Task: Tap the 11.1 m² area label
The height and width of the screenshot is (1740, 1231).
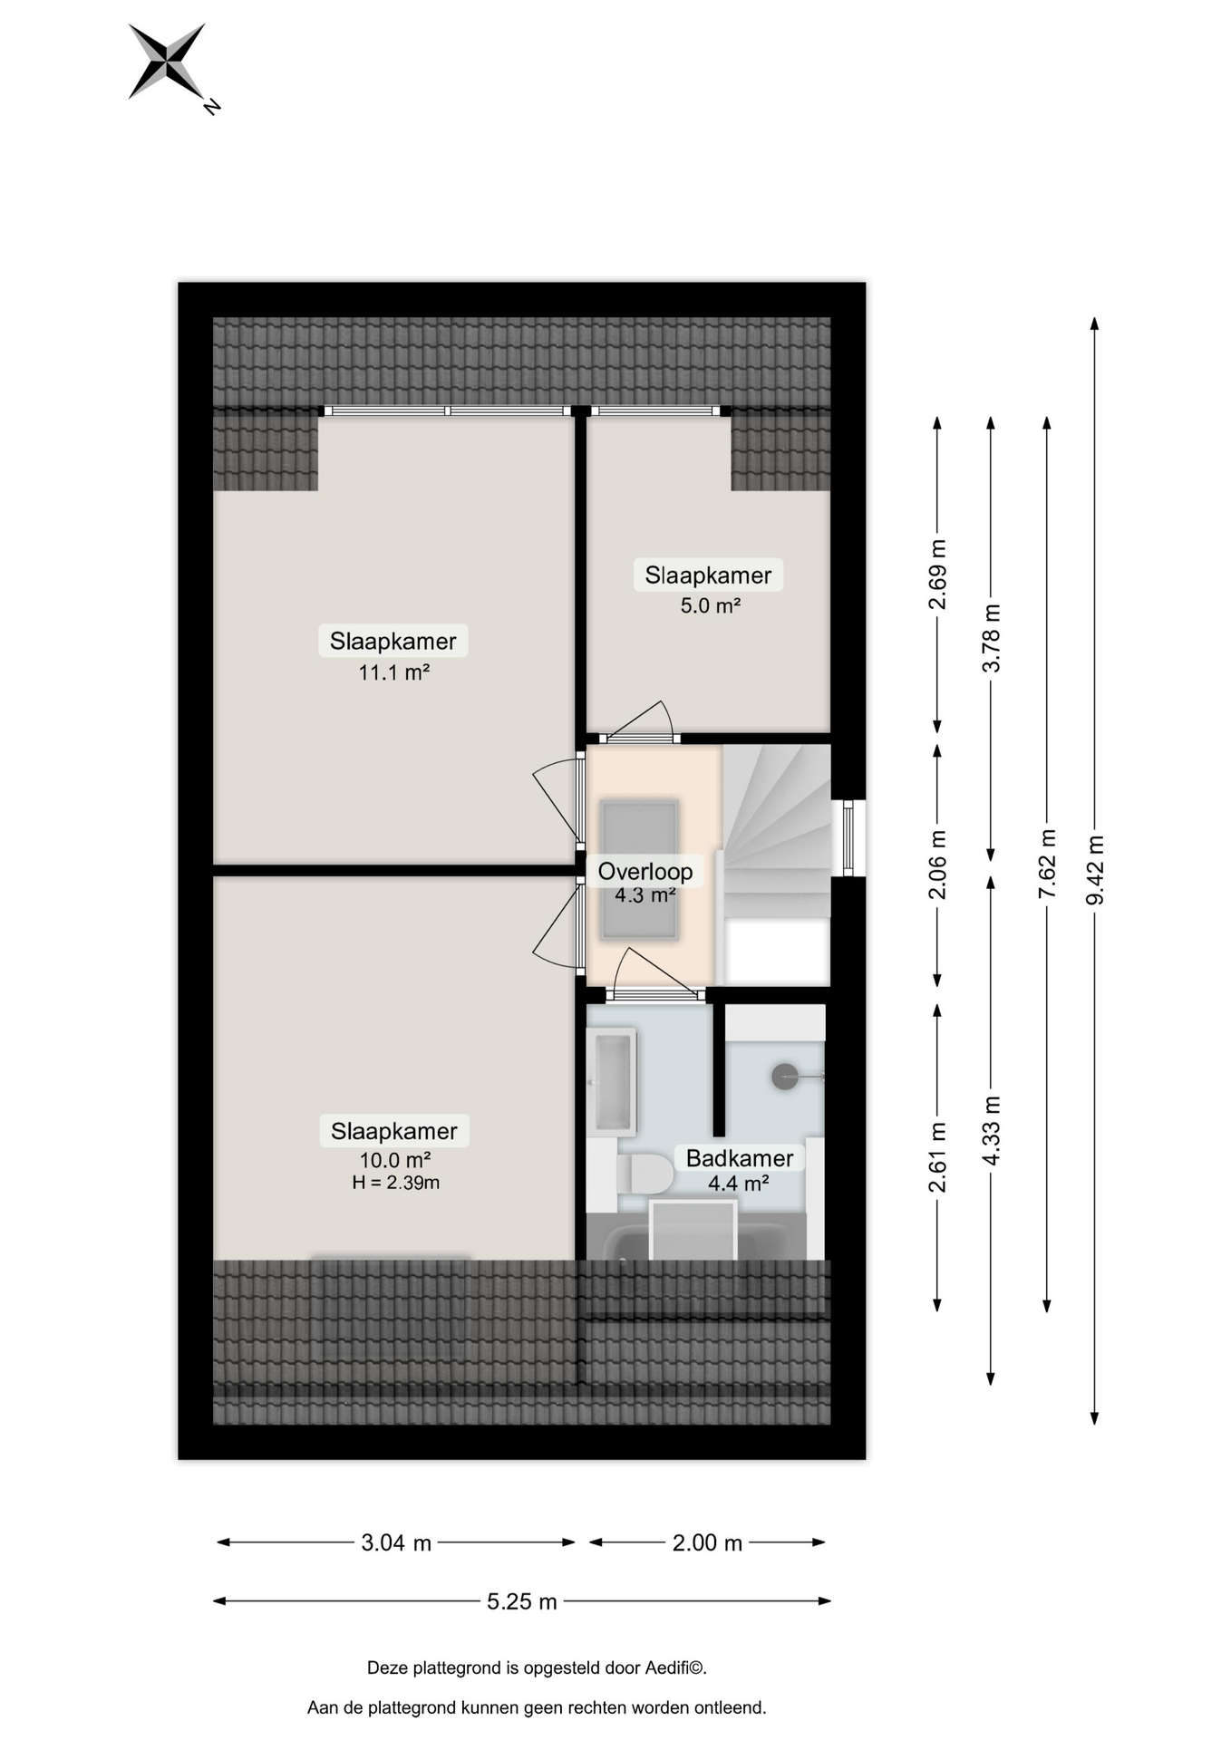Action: click(393, 672)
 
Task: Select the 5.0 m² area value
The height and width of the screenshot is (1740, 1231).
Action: click(711, 605)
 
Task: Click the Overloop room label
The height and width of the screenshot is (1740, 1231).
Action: click(645, 872)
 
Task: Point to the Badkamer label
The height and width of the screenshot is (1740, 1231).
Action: click(740, 1158)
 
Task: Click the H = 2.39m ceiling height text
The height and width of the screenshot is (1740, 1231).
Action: click(395, 1183)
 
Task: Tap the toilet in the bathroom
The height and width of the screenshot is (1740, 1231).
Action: click(645, 1174)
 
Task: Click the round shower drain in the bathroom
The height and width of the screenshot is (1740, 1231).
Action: click(785, 1077)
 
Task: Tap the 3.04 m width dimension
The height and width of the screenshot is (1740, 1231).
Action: click(396, 1542)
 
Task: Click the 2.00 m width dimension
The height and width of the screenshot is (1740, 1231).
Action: click(707, 1542)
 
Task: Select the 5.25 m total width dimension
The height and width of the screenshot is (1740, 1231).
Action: click(522, 1601)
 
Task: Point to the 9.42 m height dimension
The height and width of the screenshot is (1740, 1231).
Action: click(1095, 870)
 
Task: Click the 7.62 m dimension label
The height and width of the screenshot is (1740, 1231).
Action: click(1047, 864)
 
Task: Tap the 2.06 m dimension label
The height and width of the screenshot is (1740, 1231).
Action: click(937, 865)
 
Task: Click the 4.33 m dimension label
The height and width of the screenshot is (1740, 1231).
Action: click(991, 1131)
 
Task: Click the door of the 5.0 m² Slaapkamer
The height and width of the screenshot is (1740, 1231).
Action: click(640, 722)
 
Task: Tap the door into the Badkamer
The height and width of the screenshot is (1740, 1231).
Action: click(656, 975)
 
